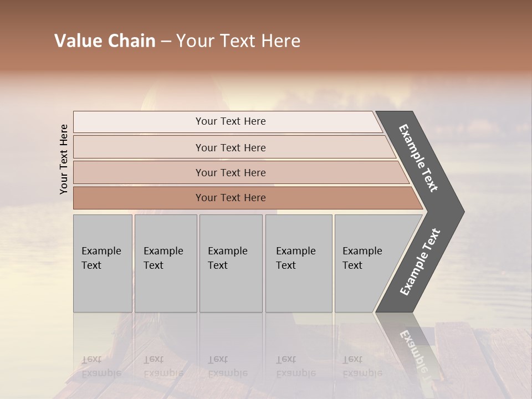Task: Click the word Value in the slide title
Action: point(77,41)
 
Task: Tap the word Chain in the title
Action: point(131,41)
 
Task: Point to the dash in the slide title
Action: point(165,42)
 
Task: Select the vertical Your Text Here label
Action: point(64,159)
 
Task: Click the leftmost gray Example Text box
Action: point(103,263)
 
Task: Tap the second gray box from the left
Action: point(166,263)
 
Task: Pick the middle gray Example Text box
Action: point(231,263)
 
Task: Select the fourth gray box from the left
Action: point(299,263)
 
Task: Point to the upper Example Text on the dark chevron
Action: point(418,158)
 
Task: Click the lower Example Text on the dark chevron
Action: point(420,262)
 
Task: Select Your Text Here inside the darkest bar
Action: point(231,198)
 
